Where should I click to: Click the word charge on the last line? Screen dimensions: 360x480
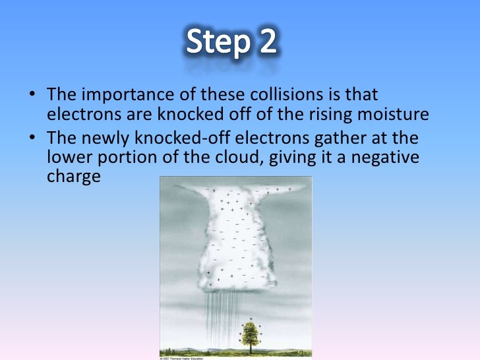(74, 177)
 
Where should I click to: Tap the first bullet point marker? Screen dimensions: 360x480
(32, 97)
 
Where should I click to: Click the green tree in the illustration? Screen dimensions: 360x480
(250, 333)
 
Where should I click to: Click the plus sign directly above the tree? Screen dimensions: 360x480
(251, 318)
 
